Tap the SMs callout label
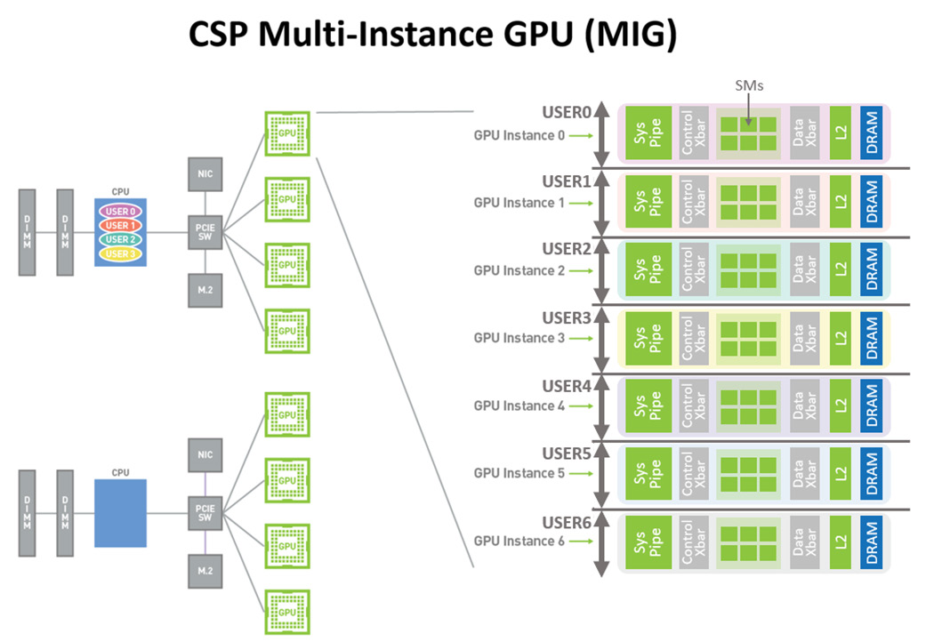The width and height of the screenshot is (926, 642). [x=749, y=85]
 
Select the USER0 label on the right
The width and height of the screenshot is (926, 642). [x=566, y=113]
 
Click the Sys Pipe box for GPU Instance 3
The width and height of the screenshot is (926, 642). [x=648, y=339]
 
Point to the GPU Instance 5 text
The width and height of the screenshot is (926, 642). [x=519, y=473]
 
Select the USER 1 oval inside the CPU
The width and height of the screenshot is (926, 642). [x=120, y=226]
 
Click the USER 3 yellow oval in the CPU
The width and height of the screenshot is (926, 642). [x=120, y=253]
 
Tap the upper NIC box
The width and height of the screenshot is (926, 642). [x=205, y=173]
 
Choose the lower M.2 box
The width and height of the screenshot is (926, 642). [x=205, y=569]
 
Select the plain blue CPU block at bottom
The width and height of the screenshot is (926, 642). [x=120, y=512]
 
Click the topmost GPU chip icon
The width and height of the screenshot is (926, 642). [x=286, y=133]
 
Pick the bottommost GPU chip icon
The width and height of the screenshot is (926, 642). [x=286, y=612]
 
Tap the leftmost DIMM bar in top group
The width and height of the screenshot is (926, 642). [x=27, y=232]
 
